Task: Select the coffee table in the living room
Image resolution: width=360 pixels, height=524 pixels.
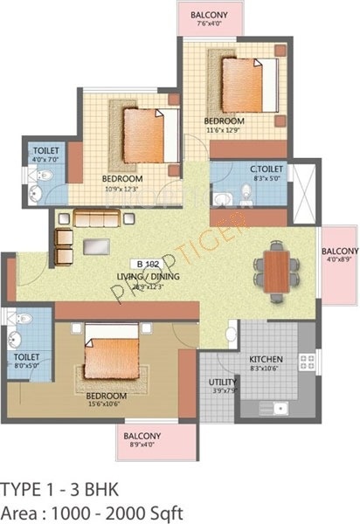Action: point(96,247)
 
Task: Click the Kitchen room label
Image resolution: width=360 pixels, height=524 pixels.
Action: point(265,359)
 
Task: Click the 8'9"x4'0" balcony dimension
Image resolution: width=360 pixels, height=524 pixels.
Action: point(140,445)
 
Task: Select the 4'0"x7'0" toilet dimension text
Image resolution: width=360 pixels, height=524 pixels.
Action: point(43,160)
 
